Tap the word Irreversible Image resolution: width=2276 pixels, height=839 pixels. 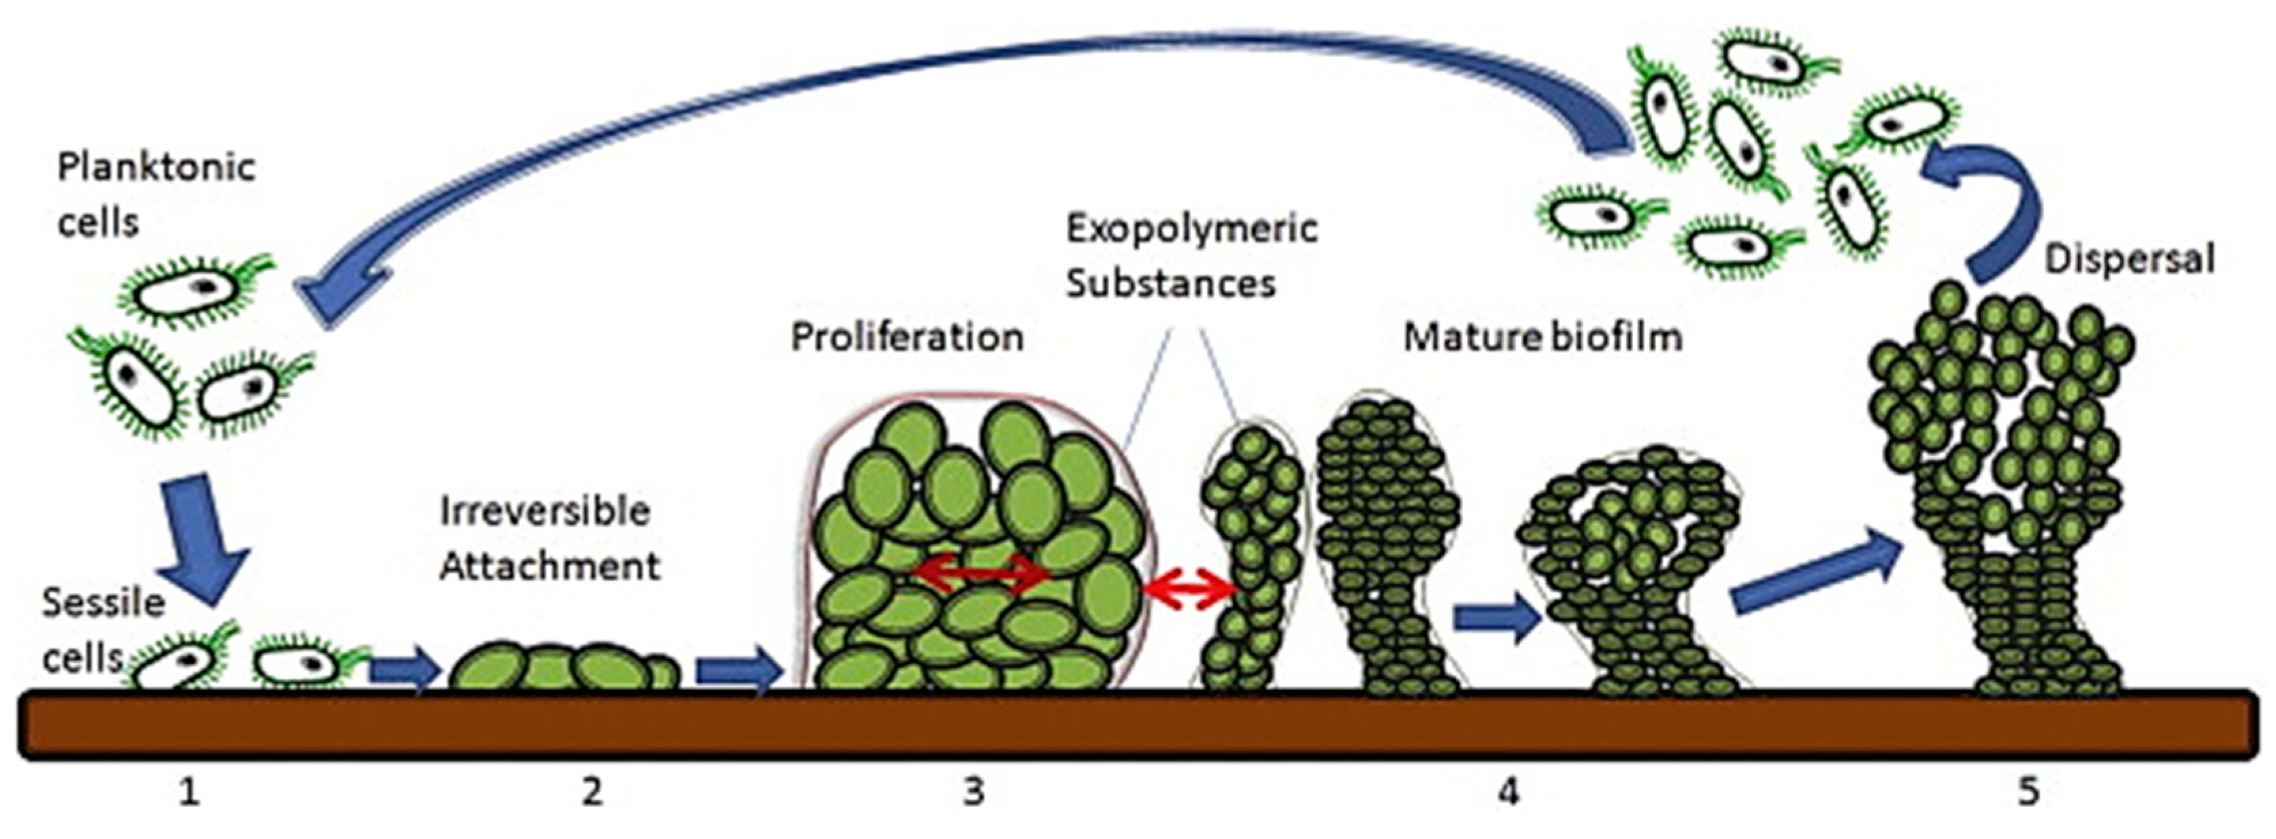click(x=545, y=511)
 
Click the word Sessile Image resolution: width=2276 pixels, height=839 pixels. click(x=103, y=602)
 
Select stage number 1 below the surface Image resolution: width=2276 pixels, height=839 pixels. click(x=188, y=792)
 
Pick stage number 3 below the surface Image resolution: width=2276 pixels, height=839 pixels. click(x=973, y=792)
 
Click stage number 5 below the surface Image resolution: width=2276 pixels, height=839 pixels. click(x=2028, y=792)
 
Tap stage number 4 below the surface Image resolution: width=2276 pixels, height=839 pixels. click(x=1508, y=792)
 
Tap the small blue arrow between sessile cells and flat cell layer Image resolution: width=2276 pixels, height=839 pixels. click(x=403, y=670)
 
